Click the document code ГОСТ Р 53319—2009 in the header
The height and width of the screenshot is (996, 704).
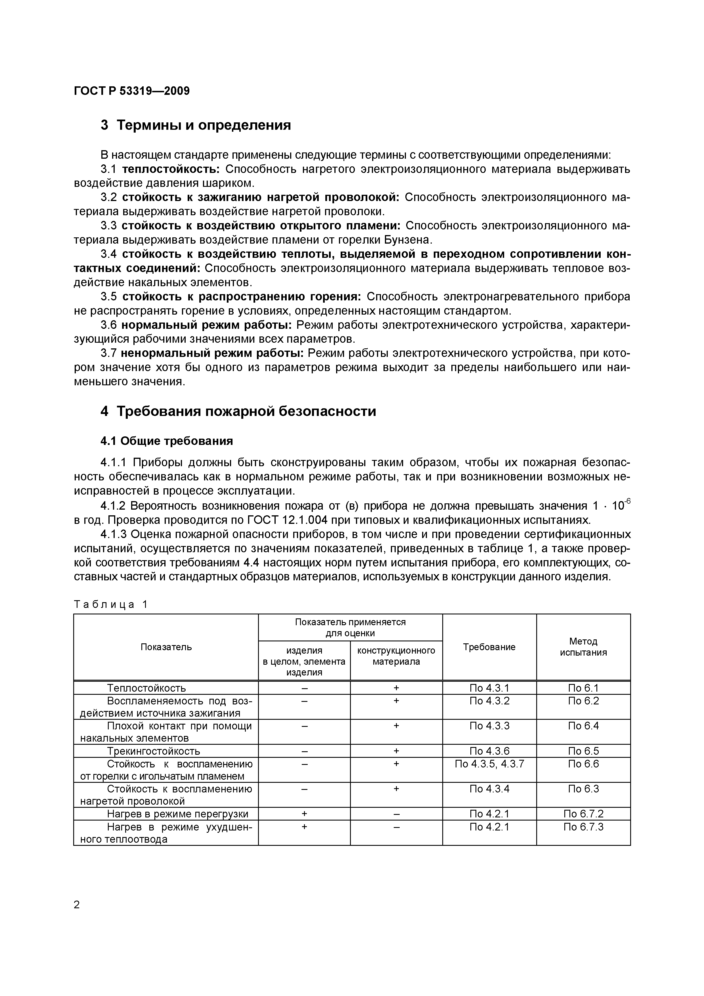tap(132, 91)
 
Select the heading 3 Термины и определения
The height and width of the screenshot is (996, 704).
tap(196, 125)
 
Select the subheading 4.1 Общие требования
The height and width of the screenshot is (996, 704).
tap(167, 441)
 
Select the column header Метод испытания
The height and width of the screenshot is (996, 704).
tap(583, 647)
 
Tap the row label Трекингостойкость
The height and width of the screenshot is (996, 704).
tap(154, 751)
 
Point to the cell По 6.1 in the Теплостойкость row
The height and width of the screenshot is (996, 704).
tap(583, 688)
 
